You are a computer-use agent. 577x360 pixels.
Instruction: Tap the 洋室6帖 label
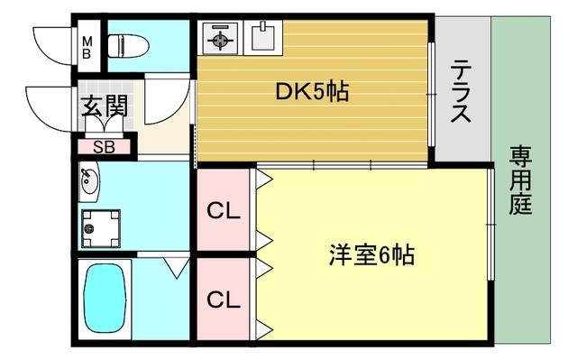pyautogui.click(x=371, y=255)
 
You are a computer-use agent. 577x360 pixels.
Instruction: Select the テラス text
pyautogui.click(x=462, y=91)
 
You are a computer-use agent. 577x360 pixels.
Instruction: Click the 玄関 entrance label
pyautogui.click(x=105, y=106)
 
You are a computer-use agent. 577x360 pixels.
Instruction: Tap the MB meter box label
pyautogui.click(x=87, y=46)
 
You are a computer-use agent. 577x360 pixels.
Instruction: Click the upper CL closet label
pyautogui.click(x=224, y=213)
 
